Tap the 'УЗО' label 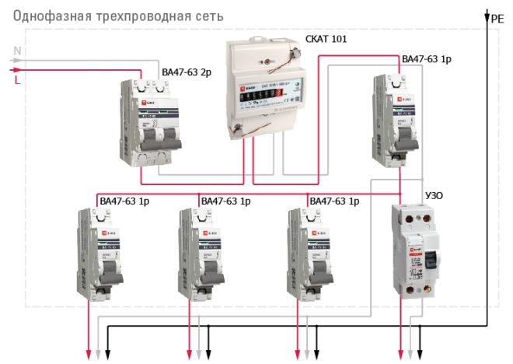(x=434, y=196)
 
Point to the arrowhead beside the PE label (x=488, y=15)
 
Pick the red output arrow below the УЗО (x=401, y=354)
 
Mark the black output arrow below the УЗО (x=421, y=354)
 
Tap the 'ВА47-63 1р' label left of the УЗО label (x=334, y=201)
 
